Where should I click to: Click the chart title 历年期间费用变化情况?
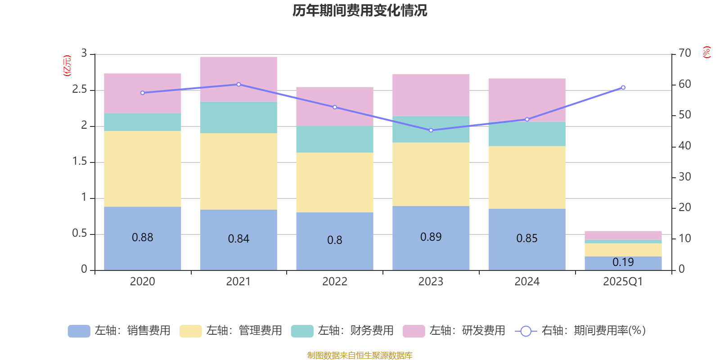coord(360,10)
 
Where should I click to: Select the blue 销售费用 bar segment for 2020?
coord(142,252)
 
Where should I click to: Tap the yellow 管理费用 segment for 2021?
coord(238,171)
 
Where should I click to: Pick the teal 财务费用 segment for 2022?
coord(335,139)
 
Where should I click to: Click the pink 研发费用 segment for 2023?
coord(431,94)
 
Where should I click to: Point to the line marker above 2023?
coord(431,130)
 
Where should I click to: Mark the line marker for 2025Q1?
coord(623,87)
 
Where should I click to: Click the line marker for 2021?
coord(238,84)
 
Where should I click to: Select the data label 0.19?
coord(623,262)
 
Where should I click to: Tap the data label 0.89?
coord(431,237)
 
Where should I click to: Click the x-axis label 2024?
coord(527,282)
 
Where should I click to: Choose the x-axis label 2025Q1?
coord(623,282)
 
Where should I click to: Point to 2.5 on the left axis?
coord(80,90)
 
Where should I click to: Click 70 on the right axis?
coord(685,54)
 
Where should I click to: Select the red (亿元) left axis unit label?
coord(67,66)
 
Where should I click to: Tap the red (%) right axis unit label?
coord(707,52)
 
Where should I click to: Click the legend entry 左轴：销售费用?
coord(120,331)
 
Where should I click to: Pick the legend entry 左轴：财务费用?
coord(342,331)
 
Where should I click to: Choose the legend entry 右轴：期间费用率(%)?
coord(580,331)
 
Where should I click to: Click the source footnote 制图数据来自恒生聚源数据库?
coord(360,355)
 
